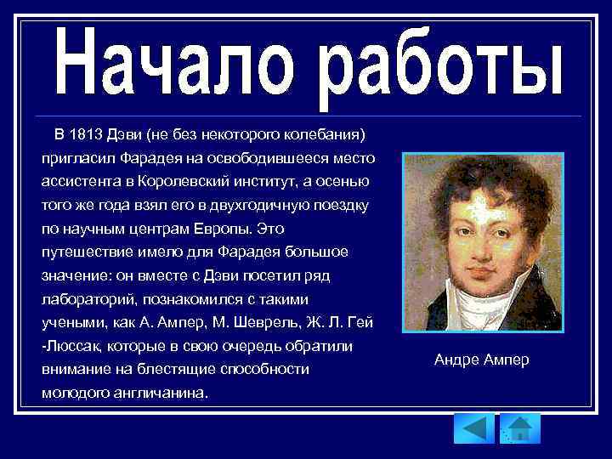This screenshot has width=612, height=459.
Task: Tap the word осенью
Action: click(x=343, y=182)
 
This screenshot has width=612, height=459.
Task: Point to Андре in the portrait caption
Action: click(x=455, y=360)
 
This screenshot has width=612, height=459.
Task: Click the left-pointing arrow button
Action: click(x=473, y=428)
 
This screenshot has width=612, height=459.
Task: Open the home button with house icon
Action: click(x=519, y=428)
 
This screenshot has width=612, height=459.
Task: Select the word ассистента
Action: click(x=81, y=182)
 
